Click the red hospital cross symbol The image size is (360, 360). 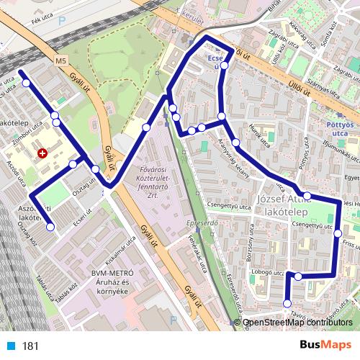pyautogui.click(x=42, y=153)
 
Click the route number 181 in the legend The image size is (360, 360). pyautogui.click(x=30, y=346)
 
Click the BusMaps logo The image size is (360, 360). pyautogui.click(x=325, y=346)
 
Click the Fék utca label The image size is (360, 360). pyautogui.click(x=42, y=22)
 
